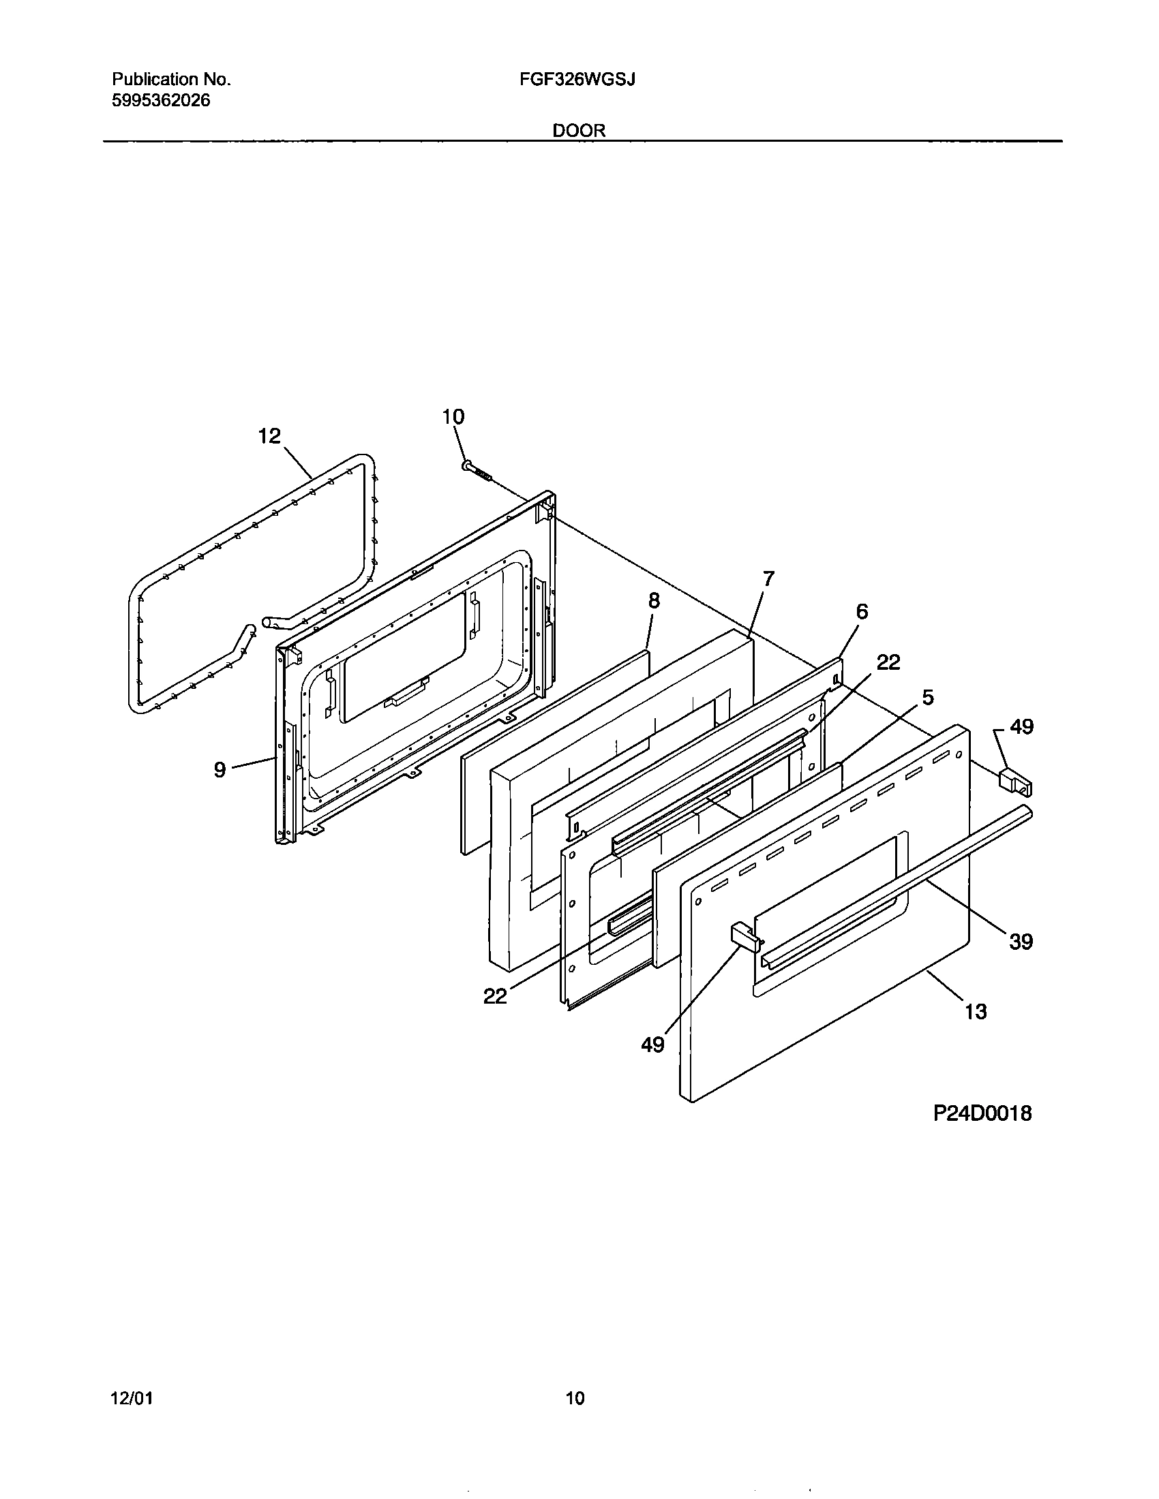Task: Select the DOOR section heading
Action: pyautogui.click(x=579, y=130)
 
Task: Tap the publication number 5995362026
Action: pyautogui.click(x=161, y=101)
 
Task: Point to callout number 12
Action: pyautogui.click(x=269, y=435)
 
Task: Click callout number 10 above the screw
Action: pyautogui.click(x=453, y=416)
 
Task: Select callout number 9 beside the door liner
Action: pyautogui.click(x=220, y=770)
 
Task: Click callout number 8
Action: pyautogui.click(x=654, y=601)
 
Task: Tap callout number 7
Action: pyautogui.click(x=768, y=578)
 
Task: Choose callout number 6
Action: pyautogui.click(x=862, y=611)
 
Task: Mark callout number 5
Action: pyautogui.click(x=928, y=697)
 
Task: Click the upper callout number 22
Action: pyautogui.click(x=888, y=662)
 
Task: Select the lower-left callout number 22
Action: pyautogui.click(x=495, y=995)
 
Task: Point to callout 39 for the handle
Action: pyautogui.click(x=1021, y=942)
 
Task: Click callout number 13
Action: pyautogui.click(x=976, y=1011)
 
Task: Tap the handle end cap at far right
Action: pyautogui.click(x=1015, y=781)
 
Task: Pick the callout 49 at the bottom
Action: pyautogui.click(x=653, y=1045)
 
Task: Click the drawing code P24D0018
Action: pyautogui.click(x=982, y=1113)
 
